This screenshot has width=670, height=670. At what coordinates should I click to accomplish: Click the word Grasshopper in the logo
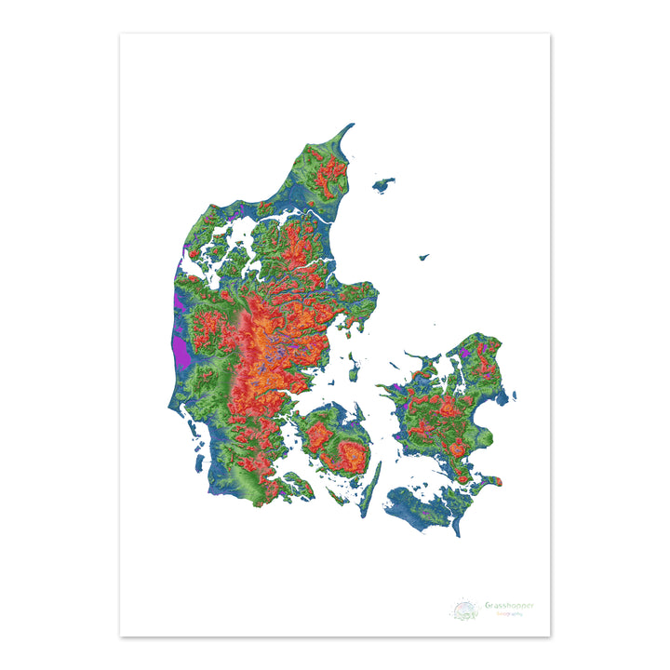[509, 606]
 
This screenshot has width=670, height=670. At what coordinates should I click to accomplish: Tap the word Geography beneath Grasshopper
[508, 614]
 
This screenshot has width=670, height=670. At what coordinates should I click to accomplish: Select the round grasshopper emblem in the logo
[464, 610]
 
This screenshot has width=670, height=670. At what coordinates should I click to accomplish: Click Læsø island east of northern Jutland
[383, 184]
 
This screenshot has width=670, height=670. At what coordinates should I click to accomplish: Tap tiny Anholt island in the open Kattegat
[423, 257]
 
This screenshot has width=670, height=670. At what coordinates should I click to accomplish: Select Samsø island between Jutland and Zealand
[354, 371]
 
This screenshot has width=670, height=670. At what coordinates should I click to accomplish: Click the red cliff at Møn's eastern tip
[499, 481]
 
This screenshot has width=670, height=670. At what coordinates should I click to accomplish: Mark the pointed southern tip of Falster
[457, 535]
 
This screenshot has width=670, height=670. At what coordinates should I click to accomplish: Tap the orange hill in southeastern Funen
[352, 453]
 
